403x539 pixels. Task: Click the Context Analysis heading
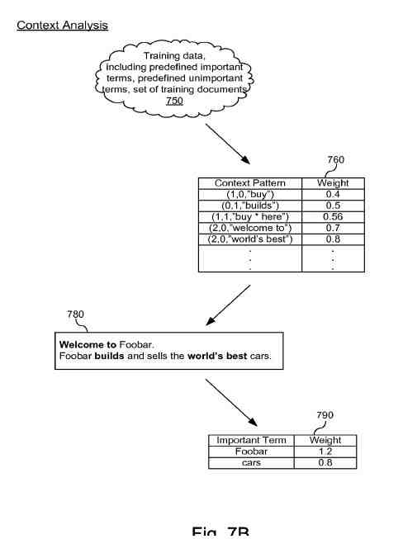pos(62,26)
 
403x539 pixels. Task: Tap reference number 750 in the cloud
pos(174,101)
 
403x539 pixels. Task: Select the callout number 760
pos(335,160)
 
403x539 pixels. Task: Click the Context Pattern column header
pos(249,183)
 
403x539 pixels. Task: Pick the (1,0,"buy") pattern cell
pos(249,194)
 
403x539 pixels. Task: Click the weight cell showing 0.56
pos(333,216)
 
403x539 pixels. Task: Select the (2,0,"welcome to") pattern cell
pos(249,228)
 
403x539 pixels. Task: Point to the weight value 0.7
pos(333,228)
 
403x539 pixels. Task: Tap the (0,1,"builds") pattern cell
pos(249,206)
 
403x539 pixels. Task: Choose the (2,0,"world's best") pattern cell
pos(249,239)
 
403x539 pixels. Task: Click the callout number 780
pos(76,314)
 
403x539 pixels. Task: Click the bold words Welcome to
pos(88,344)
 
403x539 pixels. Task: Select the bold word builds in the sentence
pos(110,357)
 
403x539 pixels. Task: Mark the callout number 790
pos(326,415)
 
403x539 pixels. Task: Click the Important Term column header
pos(251,441)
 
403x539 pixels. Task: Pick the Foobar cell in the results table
pos(251,452)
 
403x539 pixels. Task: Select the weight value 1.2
pos(325,452)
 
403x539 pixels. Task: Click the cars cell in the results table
pos(251,463)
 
